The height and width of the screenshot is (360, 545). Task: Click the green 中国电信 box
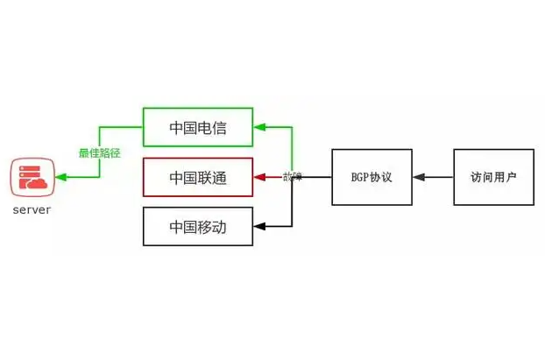198,127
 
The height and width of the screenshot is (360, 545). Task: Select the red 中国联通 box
198,177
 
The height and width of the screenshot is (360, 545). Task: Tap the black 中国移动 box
198,226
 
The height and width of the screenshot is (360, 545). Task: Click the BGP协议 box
372,177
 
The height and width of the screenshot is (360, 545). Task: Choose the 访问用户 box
493,177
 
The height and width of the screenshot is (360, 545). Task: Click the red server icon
32,178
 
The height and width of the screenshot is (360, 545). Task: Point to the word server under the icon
32,210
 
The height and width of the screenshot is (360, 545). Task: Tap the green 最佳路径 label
99,152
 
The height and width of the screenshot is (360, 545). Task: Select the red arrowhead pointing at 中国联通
259,177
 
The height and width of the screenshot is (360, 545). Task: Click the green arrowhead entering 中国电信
259,127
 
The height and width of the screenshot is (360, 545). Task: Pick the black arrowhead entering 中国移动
259,227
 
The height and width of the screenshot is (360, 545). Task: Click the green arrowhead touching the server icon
60,178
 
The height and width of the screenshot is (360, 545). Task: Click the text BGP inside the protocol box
359,177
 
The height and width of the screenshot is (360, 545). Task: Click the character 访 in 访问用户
476,177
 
